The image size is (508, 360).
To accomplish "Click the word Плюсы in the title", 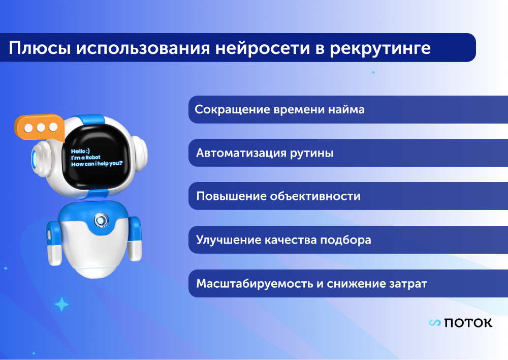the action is click(40, 48).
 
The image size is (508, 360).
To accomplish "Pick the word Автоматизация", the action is click(241, 153).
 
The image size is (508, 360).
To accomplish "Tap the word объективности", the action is click(315, 196).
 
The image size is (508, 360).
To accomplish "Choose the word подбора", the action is click(345, 240).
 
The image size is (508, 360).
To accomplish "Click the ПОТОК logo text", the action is click(468, 323).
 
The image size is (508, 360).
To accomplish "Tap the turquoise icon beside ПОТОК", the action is click(435, 323).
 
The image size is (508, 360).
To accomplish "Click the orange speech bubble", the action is click(39, 128).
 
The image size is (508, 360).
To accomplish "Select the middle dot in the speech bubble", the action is click(41, 128).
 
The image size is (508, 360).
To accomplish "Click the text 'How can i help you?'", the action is click(97, 164).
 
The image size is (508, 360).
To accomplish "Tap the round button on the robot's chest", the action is click(101, 220).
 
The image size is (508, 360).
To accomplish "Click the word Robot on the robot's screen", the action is click(93, 158).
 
